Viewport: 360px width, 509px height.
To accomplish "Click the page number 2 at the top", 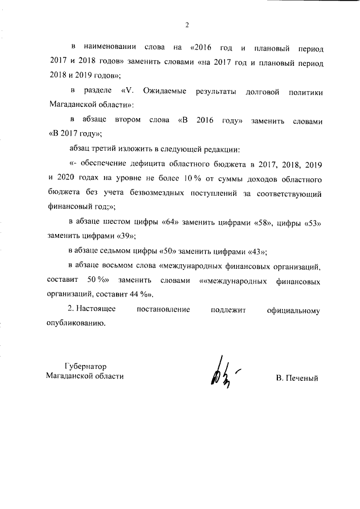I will point(186,24).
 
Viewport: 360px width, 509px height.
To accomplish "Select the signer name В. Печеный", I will point(297,378).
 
